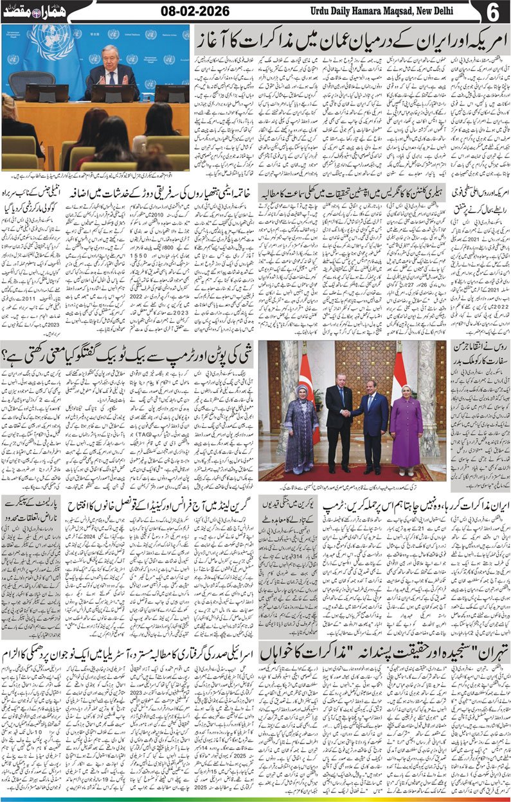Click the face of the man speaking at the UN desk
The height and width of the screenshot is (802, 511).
click(x=111, y=56)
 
